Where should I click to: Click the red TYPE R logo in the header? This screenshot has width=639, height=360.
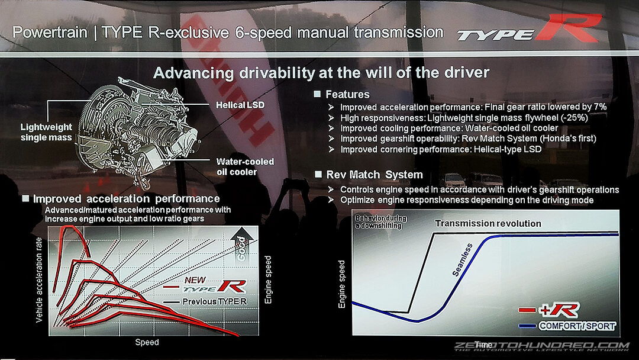tap(529, 28)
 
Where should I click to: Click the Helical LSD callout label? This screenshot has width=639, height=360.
tap(240, 105)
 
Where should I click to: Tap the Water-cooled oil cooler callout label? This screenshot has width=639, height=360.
tap(245, 167)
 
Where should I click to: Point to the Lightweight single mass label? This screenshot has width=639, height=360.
tap(46, 132)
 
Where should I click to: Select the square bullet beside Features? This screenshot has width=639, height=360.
tap(318, 94)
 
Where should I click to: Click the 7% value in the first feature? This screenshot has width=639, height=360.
tap(600, 107)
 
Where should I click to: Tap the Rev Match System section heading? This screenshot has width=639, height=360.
tap(375, 175)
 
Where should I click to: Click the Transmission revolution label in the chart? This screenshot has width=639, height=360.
tap(488, 223)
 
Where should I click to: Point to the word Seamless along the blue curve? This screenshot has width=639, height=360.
tap(463, 260)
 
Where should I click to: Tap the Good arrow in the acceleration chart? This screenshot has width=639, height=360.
tap(242, 245)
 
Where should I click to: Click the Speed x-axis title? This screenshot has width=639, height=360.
tap(147, 342)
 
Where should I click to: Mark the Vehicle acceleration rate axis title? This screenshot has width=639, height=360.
tap(39, 279)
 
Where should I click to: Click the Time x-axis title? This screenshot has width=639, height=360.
tap(483, 345)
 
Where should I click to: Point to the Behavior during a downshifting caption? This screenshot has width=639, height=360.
tap(380, 222)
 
